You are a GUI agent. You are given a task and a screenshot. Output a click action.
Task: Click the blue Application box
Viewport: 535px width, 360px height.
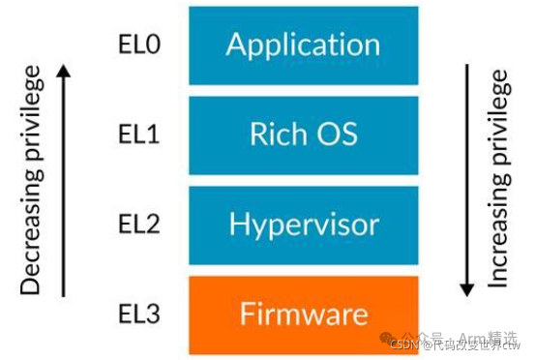click(303, 45)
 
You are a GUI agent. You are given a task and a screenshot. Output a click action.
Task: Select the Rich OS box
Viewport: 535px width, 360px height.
click(303, 134)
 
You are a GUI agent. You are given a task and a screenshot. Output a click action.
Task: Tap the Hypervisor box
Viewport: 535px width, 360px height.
click(303, 224)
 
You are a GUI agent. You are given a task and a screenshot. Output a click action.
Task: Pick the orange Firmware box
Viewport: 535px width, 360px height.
click(303, 315)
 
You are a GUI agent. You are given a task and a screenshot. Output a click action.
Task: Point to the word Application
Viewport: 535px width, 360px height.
click(303, 45)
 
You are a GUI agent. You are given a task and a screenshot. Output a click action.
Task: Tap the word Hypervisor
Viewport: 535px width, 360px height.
click(303, 225)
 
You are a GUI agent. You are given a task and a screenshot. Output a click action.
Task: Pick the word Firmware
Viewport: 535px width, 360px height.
click(303, 315)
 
